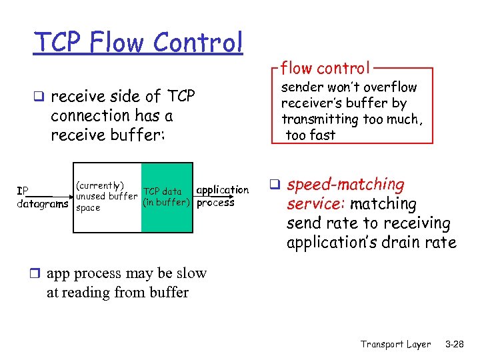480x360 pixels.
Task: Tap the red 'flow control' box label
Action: [325, 67]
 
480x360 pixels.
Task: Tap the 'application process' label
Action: [221, 197]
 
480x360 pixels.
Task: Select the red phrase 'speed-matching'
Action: [345, 185]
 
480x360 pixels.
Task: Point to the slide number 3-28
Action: [455, 345]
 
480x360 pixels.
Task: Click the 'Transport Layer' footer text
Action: [395, 345]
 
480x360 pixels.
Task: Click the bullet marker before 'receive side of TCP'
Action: [41, 97]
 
